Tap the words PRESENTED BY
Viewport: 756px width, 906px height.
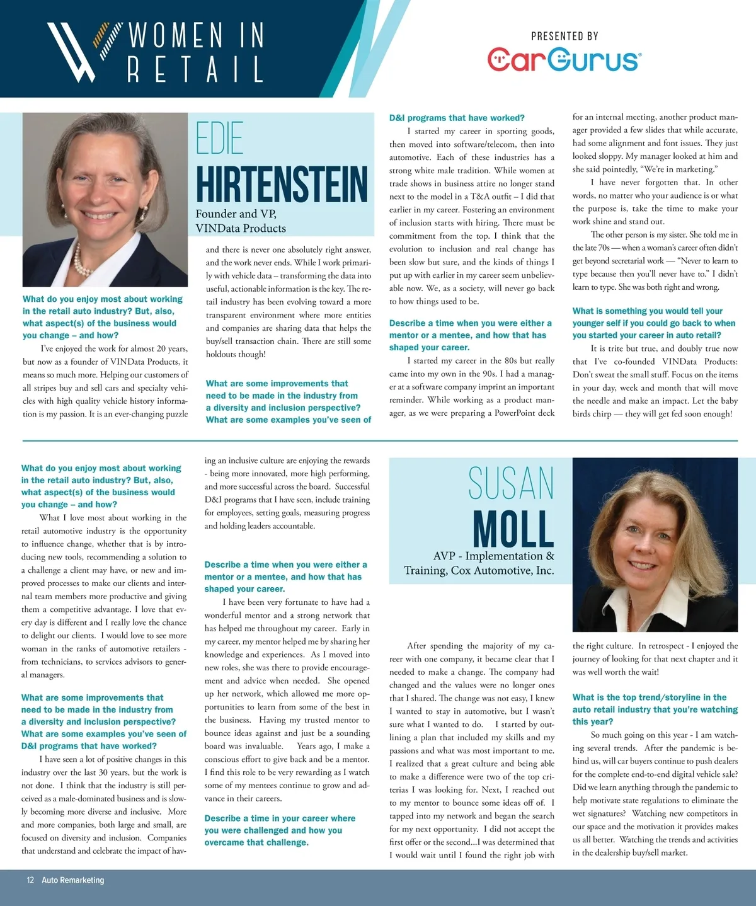click(564, 36)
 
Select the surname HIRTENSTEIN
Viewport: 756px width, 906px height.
click(281, 184)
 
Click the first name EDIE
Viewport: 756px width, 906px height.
click(219, 138)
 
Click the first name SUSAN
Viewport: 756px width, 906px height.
click(511, 484)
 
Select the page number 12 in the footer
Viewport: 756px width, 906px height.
click(30, 880)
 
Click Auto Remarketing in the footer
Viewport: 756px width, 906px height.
click(73, 880)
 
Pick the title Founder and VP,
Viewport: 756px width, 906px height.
click(236, 214)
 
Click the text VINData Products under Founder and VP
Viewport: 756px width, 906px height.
click(241, 228)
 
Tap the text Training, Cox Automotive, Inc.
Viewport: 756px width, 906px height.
click(479, 571)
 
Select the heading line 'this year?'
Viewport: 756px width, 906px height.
click(592, 721)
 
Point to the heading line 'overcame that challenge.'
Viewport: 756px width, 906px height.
click(256, 842)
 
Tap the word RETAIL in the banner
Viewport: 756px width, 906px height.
click(195, 69)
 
